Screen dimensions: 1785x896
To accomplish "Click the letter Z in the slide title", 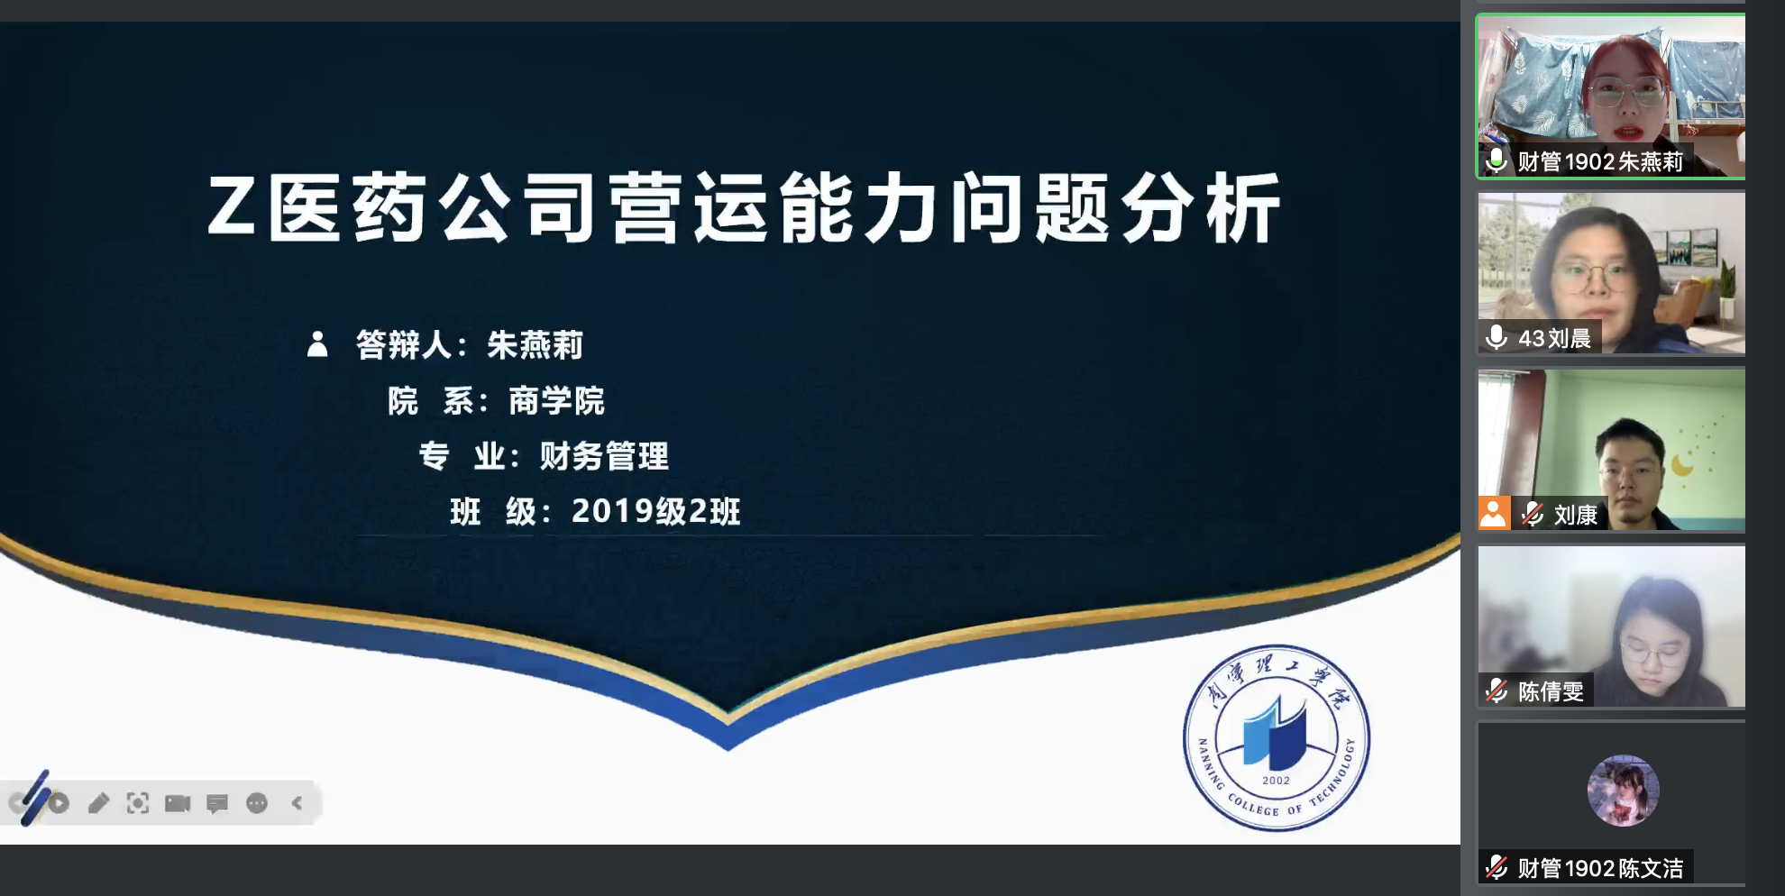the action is [x=231, y=206].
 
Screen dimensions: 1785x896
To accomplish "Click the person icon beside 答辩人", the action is [x=317, y=344].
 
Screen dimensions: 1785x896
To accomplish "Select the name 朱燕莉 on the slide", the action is [x=535, y=345].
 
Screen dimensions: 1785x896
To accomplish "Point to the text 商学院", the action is [x=556, y=401].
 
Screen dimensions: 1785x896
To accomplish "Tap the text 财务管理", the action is [x=604, y=456].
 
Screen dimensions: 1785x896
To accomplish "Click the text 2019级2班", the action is [x=656, y=511].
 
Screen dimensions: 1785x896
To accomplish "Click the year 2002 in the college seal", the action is [x=1276, y=781].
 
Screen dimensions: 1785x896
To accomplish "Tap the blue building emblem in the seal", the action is [x=1275, y=733].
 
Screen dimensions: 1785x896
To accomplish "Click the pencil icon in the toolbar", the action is [x=98, y=803].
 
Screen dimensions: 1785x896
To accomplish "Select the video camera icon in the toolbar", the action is [x=178, y=803].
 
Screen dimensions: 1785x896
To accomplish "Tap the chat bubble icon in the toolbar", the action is [x=217, y=803].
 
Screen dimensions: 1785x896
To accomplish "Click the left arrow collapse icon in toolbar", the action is [x=297, y=803].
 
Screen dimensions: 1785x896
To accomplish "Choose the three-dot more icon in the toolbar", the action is [x=257, y=803].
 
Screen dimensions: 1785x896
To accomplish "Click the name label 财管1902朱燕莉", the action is [x=1600, y=161].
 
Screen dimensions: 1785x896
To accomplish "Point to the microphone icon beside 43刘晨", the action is [x=1497, y=337].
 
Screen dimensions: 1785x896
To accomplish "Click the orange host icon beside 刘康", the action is [x=1494, y=514].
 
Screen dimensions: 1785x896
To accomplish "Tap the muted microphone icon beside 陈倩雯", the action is [x=1497, y=691].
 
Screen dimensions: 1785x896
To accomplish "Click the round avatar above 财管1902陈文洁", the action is [x=1624, y=791].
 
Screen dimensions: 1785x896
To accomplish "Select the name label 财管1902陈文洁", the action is [x=1600, y=868].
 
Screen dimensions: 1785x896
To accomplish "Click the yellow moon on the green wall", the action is [x=1682, y=464].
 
